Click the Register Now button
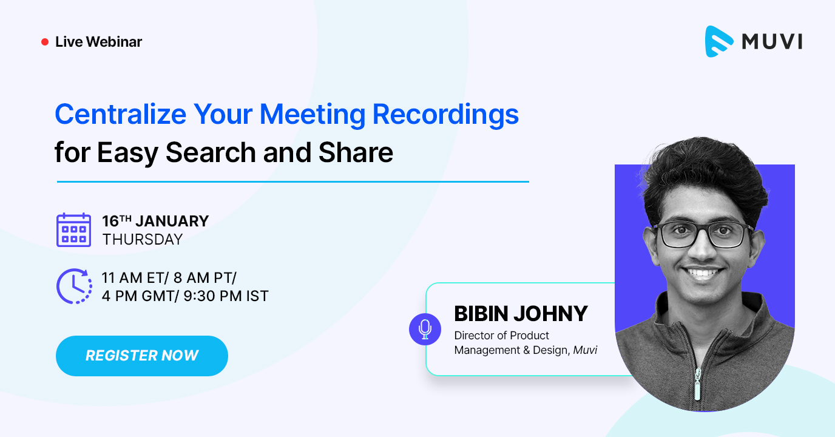coord(142,356)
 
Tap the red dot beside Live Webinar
coord(44,42)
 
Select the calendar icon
coord(73,230)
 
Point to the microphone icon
coord(425,329)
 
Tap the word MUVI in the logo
coord(772,41)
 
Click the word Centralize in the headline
coord(120,114)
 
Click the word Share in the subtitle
coord(359,152)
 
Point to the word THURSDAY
coord(143,239)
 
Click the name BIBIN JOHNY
coord(521,314)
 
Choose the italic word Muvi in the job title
coord(585,350)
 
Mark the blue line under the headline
coord(292,181)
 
